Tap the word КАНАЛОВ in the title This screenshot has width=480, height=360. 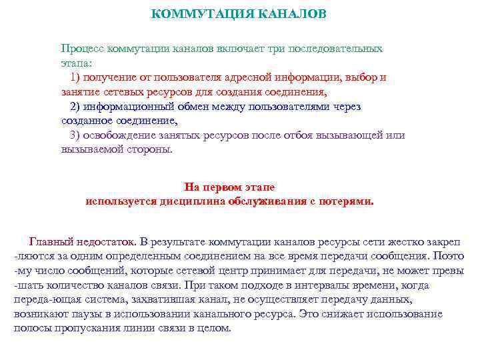point(290,14)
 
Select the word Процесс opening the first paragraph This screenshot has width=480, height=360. point(80,49)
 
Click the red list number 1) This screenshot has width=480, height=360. point(75,77)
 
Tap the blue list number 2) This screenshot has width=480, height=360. point(75,106)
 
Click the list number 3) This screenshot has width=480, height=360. point(75,135)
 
